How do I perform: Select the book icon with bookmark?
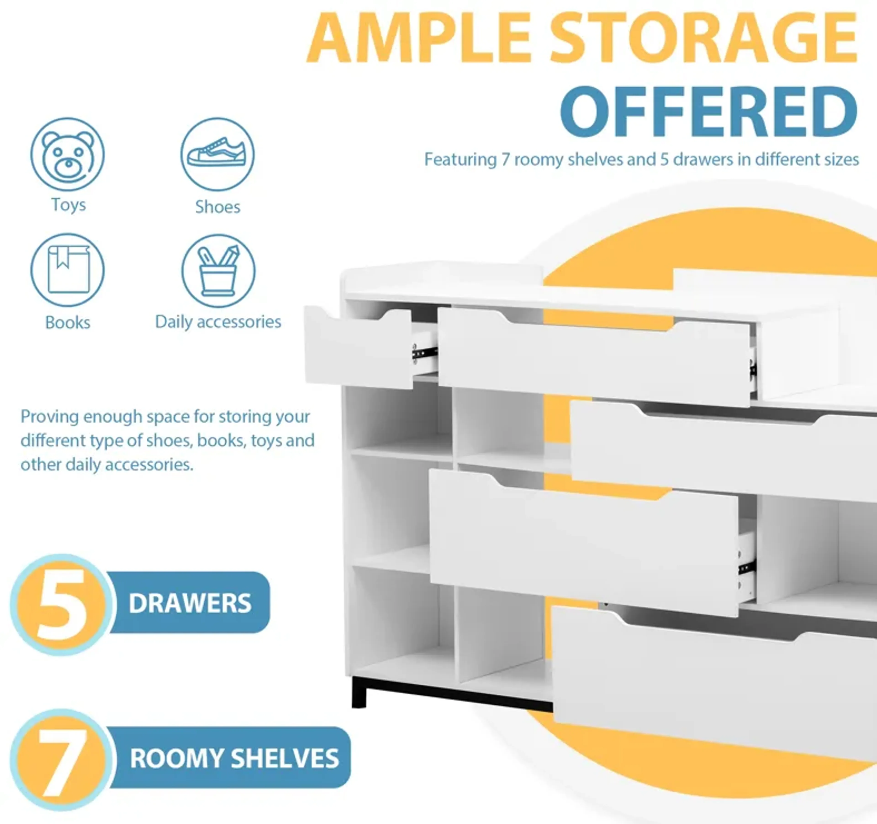tap(68, 270)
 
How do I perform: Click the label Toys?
tap(68, 205)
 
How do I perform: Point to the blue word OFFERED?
tap(709, 112)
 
